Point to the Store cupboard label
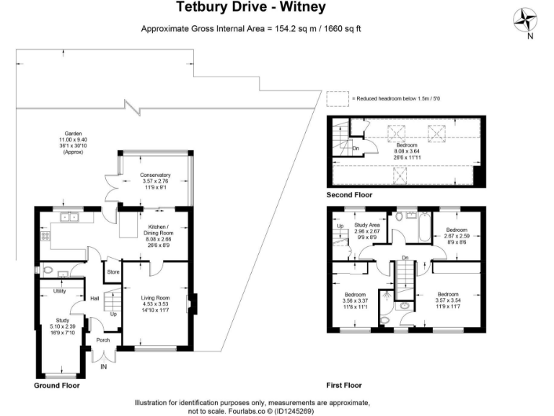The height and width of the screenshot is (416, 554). [x=113, y=272]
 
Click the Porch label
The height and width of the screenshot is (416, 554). [x=102, y=339]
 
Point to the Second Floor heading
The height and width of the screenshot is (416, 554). [x=351, y=195]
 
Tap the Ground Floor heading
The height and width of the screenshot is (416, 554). [x=57, y=386]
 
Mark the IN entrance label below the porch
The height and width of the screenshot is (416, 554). [x=103, y=367]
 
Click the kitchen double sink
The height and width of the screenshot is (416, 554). [x=70, y=217]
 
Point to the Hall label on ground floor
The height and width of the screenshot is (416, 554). [x=94, y=298]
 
